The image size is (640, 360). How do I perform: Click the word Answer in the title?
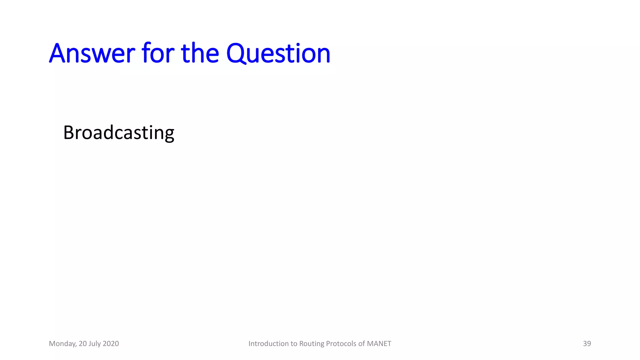point(92,54)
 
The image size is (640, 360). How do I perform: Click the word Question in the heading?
point(278,54)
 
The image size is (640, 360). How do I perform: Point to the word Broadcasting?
point(118,133)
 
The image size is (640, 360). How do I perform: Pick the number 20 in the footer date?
point(82,343)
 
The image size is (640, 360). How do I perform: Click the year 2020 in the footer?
point(111,343)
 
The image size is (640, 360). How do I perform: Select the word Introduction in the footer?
point(268,343)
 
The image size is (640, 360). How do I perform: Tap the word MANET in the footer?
point(379,343)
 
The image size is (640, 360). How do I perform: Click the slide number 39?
point(587,343)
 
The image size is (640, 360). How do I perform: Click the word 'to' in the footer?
point(294,343)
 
